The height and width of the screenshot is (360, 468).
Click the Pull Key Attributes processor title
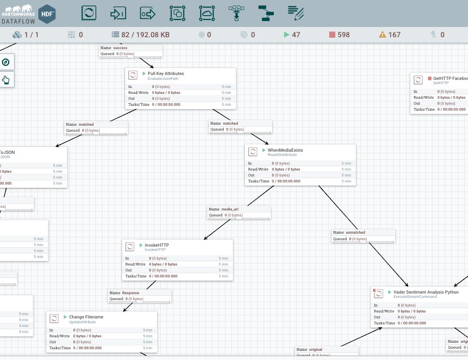[x=166, y=73]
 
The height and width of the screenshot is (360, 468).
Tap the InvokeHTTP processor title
[x=156, y=245]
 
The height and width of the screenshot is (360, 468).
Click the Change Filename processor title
[x=86, y=317]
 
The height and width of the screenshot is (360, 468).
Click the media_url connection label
[x=230, y=209]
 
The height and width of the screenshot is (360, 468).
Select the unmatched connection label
[x=355, y=233]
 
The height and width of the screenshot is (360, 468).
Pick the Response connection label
[x=130, y=293]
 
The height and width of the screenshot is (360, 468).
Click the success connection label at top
[x=120, y=48]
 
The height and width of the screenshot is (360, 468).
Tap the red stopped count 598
[x=343, y=35]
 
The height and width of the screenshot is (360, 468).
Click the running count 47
[x=296, y=35]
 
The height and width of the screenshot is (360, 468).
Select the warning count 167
[x=394, y=35]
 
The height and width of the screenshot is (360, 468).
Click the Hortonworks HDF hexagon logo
[x=47, y=12]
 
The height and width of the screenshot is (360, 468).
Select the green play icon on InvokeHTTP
[x=142, y=245]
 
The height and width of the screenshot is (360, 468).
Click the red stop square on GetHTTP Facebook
[x=430, y=78]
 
